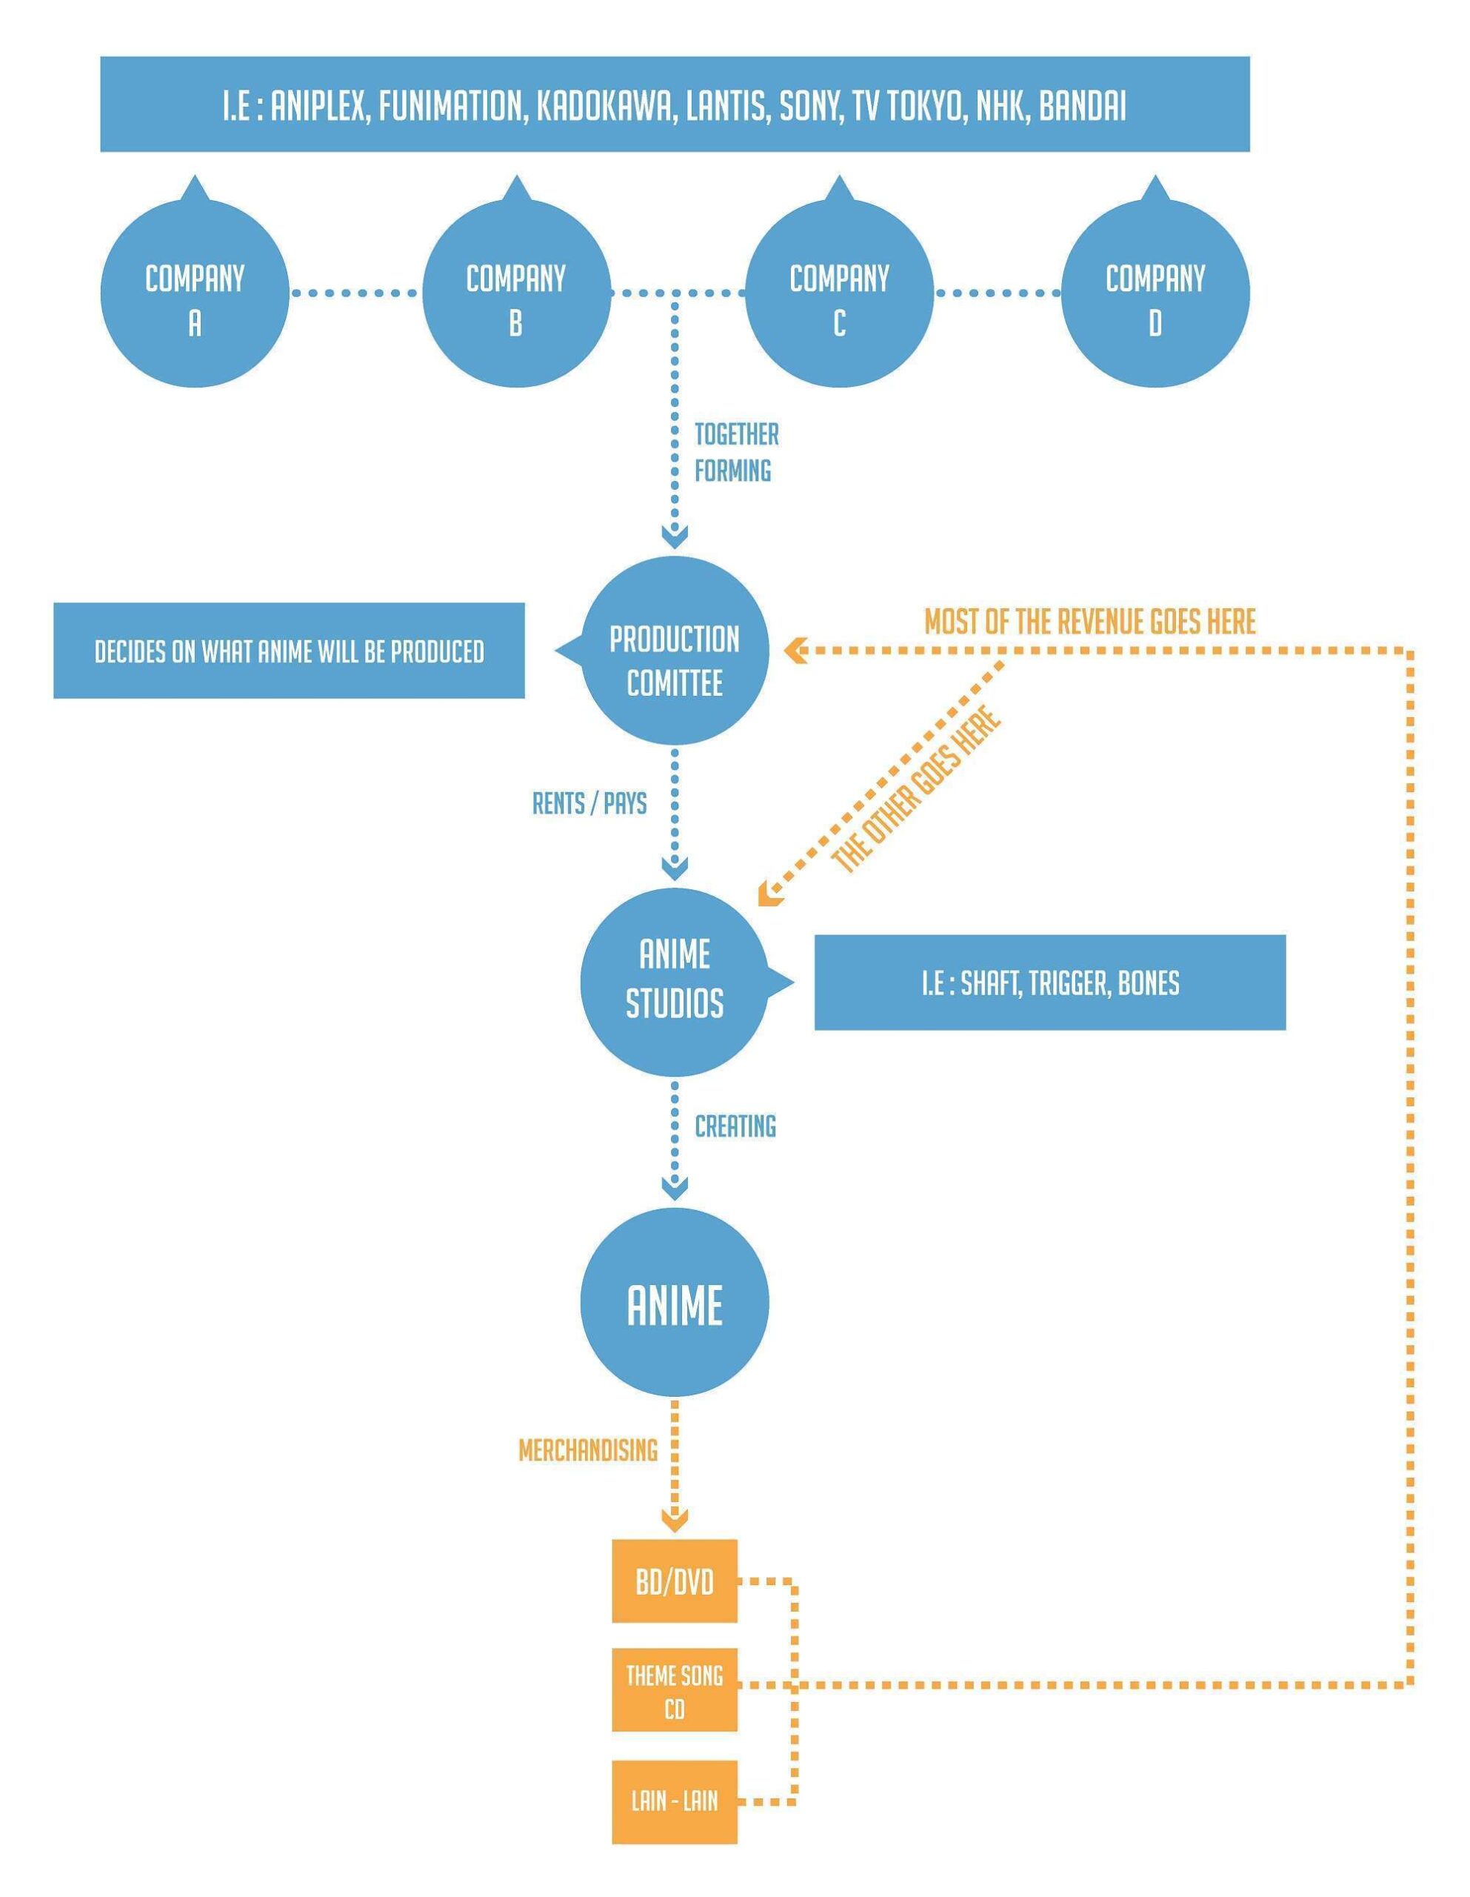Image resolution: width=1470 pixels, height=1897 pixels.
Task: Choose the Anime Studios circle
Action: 675,982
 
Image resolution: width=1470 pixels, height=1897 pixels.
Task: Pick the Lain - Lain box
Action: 675,1801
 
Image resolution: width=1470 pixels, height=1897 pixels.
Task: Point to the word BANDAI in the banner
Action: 1082,106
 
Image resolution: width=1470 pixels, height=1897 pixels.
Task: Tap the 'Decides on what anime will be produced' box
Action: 289,651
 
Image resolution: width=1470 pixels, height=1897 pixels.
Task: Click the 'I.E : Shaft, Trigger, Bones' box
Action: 1050,983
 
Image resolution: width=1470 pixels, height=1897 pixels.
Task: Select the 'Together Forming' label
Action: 735,452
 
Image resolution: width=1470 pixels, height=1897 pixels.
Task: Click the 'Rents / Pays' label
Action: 589,803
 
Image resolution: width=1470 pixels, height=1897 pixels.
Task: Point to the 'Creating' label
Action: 735,1126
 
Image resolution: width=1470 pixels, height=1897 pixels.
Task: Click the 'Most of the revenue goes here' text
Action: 1089,622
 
